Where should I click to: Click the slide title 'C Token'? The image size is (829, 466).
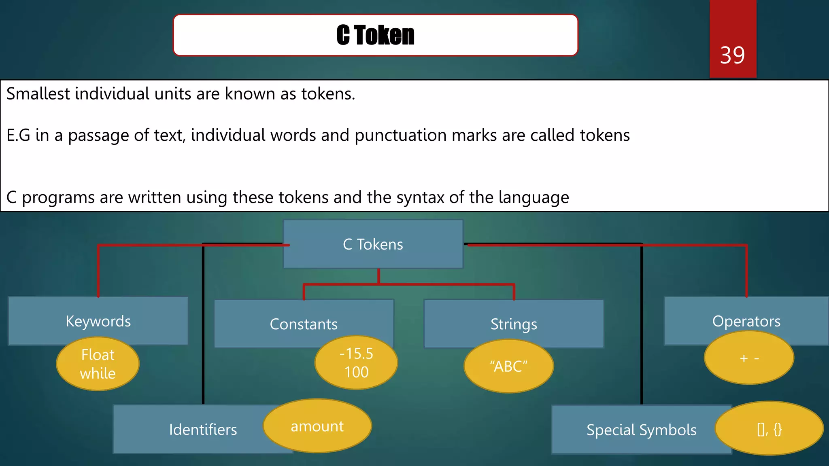(x=375, y=35)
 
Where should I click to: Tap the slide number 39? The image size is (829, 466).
(x=732, y=55)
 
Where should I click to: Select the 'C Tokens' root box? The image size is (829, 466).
(x=373, y=244)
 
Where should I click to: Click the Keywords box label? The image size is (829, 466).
(x=98, y=321)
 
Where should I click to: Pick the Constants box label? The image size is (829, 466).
(x=304, y=324)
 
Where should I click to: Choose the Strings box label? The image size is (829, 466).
(x=514, y=324)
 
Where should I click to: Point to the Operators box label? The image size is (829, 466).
(x=746, y=321)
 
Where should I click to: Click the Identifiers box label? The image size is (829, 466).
(x=203, y=430)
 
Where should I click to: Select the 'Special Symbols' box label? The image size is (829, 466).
(x=641, y=430)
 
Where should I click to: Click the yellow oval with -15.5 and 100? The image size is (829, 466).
(x=356, y=363)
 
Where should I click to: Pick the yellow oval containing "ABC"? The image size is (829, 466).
(x=508, y=366)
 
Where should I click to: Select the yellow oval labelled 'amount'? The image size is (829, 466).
(x=317, y=426)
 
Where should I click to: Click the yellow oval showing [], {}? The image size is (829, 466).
(x=769, y=429)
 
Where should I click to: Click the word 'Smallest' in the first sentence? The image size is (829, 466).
(x=38, y=94)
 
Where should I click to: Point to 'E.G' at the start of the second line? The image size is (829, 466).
(x=18, y=136)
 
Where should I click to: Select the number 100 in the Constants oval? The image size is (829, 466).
(x=356, y=372)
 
